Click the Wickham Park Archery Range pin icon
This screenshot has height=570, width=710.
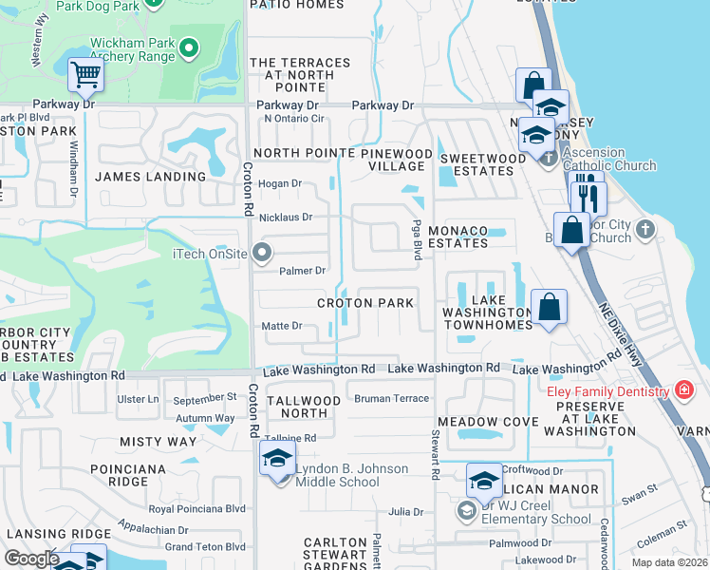coord(189,47)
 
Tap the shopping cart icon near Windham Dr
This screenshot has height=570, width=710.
coord(85,74)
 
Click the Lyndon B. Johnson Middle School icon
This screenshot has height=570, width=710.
coord(277,460)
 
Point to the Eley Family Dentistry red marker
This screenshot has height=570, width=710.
coord(682,390)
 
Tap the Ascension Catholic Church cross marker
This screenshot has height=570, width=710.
coord(549,159)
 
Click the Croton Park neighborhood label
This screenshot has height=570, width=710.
coord(365,303)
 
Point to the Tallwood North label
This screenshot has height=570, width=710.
coord(304,408)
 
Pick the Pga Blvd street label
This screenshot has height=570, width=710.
coord(416,236)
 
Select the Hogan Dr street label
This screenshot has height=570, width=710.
coord(280,183)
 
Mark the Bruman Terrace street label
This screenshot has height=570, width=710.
coord(391,398)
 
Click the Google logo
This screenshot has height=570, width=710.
coord(31,559)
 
